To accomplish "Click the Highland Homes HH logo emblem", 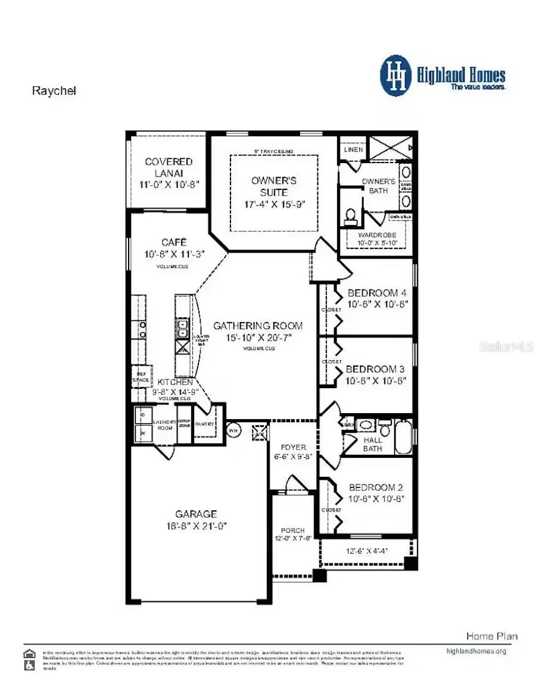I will coord(396,76).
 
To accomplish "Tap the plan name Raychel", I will coord(54,91).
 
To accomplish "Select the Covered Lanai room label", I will coord(169,167).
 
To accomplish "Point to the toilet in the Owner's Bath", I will coord(351,215).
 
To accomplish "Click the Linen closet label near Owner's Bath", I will coord(353,149).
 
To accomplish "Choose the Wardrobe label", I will coord(377,235).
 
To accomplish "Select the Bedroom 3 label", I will coord(375,369).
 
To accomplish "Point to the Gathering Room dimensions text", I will coord(257,338).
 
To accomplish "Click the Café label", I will coord(174,242).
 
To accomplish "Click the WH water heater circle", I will coord(234,430).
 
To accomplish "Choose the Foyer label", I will coord(294,447).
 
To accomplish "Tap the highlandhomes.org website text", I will coord(476,651).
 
